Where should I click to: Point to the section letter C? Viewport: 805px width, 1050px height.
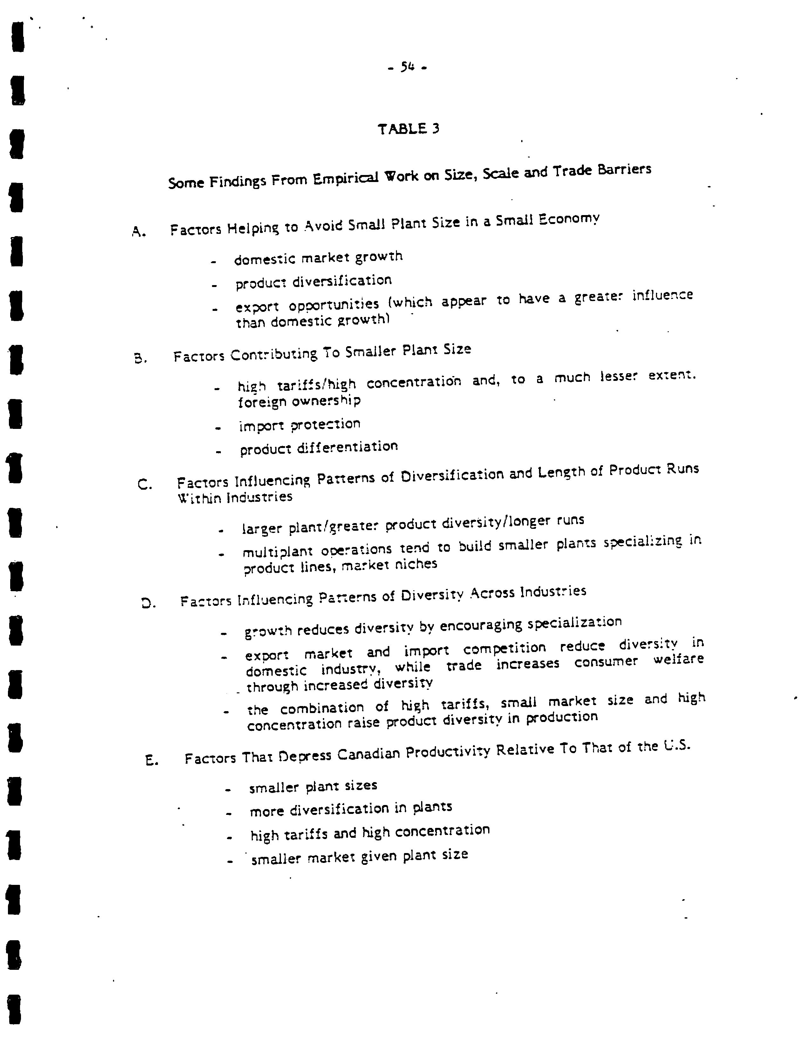click(145, 485)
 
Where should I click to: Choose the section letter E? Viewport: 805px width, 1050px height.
click(151, 760)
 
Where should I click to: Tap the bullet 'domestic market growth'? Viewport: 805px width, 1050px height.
click(318, 258)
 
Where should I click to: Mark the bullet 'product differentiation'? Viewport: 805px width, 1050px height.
click(319, 448)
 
